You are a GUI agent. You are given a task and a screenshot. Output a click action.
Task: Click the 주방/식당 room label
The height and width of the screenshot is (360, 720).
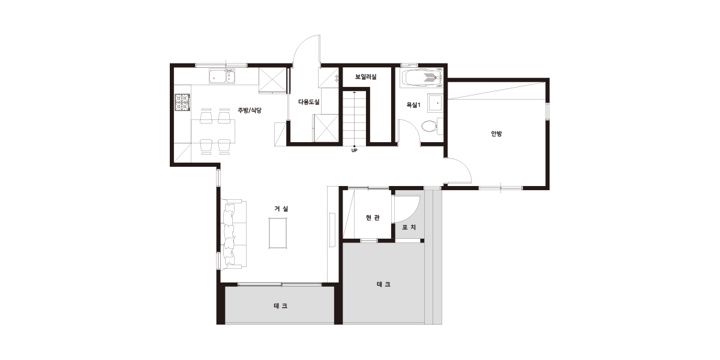point(250,110)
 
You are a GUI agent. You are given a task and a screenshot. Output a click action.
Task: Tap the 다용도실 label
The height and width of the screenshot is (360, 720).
point(308,102)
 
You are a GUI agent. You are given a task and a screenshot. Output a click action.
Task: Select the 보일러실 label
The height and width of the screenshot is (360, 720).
point(366,77)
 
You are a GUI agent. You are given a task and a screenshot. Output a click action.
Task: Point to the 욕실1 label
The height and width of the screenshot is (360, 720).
point(413,105)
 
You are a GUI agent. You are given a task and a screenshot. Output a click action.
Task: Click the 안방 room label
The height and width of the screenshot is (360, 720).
point(496,133)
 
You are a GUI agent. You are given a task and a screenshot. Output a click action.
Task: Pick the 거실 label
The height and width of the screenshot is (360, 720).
point(281,209)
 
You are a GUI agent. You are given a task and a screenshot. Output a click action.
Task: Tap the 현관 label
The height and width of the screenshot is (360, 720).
point(373,218)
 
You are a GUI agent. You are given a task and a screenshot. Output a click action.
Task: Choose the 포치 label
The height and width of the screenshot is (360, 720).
point(409,227)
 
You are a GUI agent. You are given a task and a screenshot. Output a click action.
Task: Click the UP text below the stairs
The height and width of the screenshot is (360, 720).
point(354,151)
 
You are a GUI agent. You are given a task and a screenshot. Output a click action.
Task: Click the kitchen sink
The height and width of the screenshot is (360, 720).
point(223,76)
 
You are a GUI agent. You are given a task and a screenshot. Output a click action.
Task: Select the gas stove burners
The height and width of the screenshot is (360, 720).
point(182,102)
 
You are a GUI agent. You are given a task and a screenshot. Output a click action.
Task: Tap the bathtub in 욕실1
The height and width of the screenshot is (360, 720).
point(422,78)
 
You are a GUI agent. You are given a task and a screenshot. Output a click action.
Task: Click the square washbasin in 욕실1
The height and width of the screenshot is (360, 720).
point(435,103)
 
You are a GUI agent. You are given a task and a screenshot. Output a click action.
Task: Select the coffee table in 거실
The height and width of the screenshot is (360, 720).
point(278,233)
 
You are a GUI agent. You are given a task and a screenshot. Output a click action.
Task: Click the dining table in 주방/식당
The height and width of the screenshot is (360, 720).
point(213,131)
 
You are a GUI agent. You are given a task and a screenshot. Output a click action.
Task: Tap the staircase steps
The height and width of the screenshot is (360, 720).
point(354,118)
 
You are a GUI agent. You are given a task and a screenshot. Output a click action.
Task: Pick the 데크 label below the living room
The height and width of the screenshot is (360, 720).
point(281,306)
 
